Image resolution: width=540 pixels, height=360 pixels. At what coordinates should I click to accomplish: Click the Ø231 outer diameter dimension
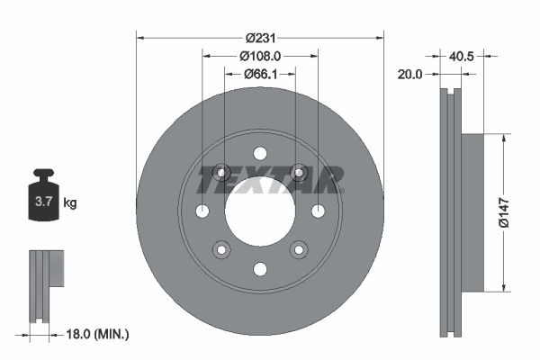259,39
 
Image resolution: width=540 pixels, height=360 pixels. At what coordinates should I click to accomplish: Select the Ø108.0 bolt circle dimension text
260,56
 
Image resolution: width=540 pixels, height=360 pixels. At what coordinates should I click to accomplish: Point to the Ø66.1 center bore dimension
260,73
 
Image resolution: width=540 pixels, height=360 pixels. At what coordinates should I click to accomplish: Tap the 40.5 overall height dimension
462,56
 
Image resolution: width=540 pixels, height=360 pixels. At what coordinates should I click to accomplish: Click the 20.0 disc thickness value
409,74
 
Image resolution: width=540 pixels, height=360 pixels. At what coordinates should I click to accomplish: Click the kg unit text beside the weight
70,203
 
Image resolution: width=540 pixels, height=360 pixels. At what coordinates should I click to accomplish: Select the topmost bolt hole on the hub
259,153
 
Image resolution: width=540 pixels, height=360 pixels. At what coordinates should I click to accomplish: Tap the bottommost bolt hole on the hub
259,269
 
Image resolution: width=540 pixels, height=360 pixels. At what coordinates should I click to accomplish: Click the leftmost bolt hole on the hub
202,211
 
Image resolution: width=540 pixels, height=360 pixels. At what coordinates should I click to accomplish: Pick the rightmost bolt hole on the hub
318,211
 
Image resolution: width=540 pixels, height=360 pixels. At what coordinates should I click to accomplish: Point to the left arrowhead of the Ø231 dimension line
139,38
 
